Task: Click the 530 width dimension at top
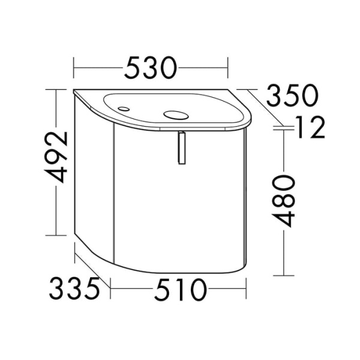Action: point(151,68)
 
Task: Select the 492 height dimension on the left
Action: point(57,157)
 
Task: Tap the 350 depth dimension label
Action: point(292,95)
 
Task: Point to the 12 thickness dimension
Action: point(311,127)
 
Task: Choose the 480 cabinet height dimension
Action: point(283,201)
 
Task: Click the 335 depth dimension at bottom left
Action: point(74,288)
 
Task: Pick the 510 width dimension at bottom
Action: point(181,290)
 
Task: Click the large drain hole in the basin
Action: point(176,115)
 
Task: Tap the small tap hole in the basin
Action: point(124,109)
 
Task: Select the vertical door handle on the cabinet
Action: point(182,148)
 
